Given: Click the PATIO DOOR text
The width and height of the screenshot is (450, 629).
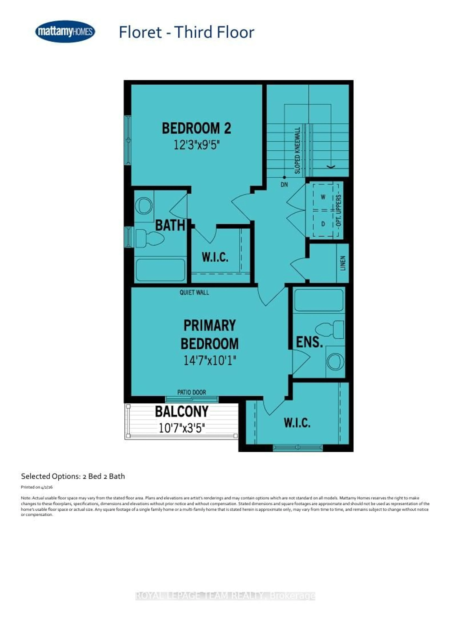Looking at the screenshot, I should tap(191, 392).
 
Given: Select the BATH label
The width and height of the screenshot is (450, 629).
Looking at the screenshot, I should tap(170, 225).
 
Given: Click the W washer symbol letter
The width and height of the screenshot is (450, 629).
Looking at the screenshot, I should tap(323, 197).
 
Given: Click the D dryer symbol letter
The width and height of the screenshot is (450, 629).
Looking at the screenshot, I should tap(323, 224).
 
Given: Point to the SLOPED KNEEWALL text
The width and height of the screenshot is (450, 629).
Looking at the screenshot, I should tap(297, 151).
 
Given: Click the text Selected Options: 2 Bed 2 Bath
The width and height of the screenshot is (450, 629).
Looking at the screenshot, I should tap(73, 476).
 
